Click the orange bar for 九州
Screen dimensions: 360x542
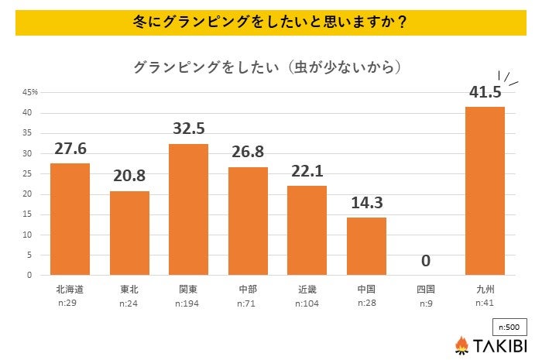click(x=485, y=190)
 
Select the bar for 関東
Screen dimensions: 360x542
click(x=189, y=209)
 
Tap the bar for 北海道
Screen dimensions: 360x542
click(x=70, y=219)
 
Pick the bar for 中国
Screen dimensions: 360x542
click(x=366, y=245)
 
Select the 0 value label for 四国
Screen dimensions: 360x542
click(x=425, y=260)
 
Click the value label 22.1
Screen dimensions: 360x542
click(x=307, y=172)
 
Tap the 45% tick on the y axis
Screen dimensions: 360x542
click(x=30, y=93)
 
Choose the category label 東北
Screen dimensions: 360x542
click(x=129, y=288)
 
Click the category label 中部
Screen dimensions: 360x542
click(x=248, y=288)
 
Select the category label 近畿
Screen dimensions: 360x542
click(x=307, y=288)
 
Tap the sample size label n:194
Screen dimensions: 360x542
click(x=189, y=302)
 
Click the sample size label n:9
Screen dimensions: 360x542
click(x=425, y=302)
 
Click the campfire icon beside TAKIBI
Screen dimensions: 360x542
click(x=461, y=345)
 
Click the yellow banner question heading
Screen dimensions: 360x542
click(x=270, y=22)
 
